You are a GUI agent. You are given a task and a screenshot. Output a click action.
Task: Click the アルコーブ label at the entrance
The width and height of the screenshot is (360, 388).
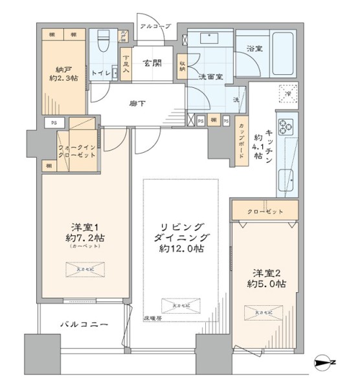click(x=156, y=26)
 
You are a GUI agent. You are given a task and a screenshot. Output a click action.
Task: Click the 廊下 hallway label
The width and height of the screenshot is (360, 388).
click(x=137, y=102)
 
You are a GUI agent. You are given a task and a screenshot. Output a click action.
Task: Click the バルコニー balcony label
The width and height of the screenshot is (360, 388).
click(x=84, y=323)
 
